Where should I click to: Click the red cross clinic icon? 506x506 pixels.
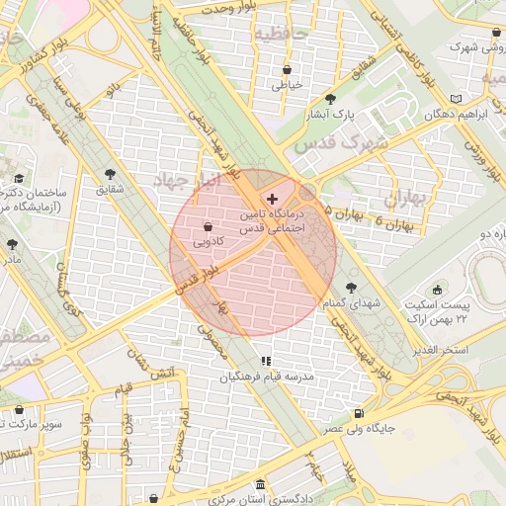click(x=273, y=200)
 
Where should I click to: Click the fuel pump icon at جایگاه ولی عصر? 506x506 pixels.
click(x=358, y=414)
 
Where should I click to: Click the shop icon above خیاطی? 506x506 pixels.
click(x=287, y=70)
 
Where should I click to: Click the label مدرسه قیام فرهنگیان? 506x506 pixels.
click(x=266, y=378)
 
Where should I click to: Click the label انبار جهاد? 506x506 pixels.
click(x=190, y=181)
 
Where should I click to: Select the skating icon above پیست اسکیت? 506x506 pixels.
click(x=462, y=293)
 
